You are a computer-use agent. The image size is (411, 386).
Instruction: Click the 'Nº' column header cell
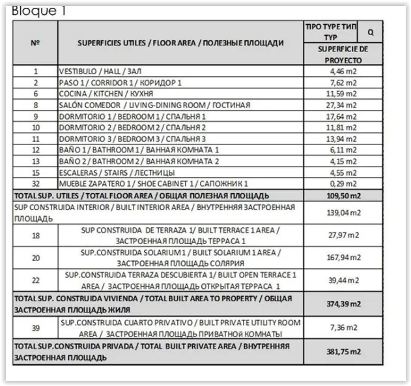35,43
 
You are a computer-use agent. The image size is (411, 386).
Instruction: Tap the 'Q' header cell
371,31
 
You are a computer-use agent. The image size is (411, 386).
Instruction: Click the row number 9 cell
35,116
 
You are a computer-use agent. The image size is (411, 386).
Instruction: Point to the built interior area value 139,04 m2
343,212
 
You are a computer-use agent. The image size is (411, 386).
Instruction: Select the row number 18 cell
35,235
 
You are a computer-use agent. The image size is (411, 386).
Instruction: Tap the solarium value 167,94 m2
343,258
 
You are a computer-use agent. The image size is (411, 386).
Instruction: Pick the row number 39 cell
35,327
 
